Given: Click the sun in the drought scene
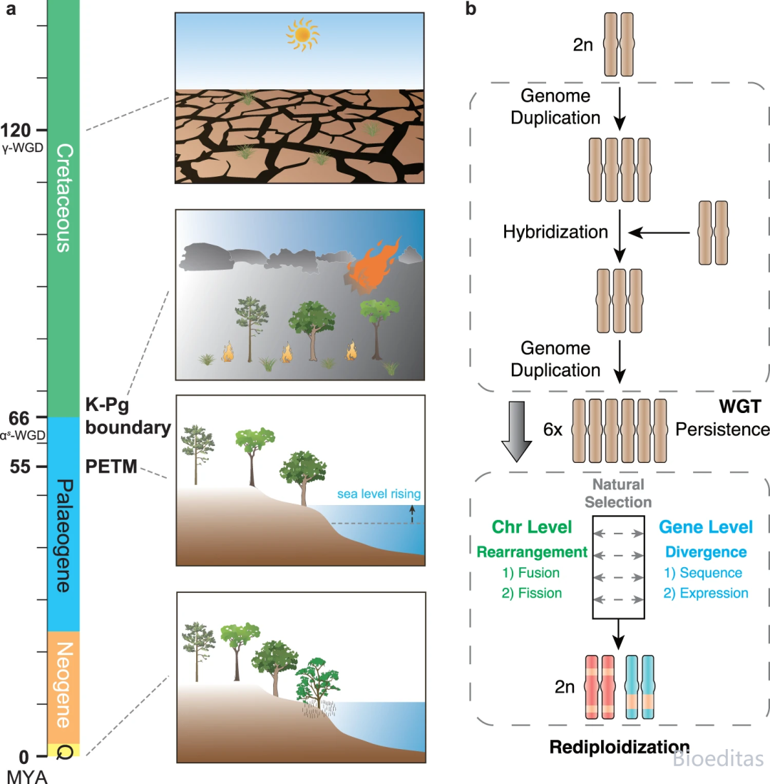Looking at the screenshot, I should coord(302,34).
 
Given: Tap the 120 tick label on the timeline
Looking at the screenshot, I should coord(18,131).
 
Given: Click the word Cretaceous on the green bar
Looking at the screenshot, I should coord(63,198).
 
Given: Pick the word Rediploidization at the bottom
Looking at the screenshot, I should coord(619,748).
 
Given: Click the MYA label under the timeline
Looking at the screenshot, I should coord(26,775).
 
